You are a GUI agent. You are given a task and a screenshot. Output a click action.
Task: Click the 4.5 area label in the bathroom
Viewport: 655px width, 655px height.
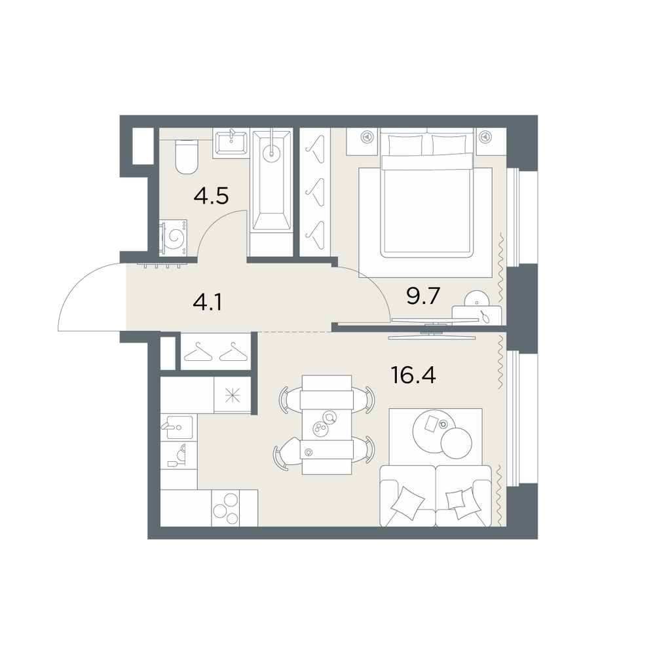coord(211,195)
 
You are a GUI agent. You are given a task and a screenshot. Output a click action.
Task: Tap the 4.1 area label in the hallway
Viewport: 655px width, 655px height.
coord(208,301)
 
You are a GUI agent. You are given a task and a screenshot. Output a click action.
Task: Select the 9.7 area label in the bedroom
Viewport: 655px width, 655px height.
coord(423,296)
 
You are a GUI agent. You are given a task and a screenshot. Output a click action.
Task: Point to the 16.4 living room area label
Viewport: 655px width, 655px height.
coord(413,375)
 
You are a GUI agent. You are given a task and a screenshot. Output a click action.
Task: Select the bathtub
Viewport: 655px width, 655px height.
coord(272,181)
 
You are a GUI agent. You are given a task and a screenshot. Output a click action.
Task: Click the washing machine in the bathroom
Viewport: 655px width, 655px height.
coord(173,237)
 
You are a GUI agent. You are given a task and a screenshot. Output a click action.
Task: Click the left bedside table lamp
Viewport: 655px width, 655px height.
coord(366,136)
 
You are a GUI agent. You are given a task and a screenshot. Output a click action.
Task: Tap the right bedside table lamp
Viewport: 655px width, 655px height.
coord(485,136)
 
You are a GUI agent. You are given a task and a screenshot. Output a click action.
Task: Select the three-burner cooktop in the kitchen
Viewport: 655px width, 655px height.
coord(226,508)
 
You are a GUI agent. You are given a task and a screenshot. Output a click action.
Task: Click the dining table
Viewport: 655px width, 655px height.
coord(327,424)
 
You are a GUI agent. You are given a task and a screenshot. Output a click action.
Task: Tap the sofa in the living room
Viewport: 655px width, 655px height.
coord(436,496)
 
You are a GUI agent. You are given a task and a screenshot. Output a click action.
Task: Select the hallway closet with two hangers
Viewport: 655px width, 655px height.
coord(215,351)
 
